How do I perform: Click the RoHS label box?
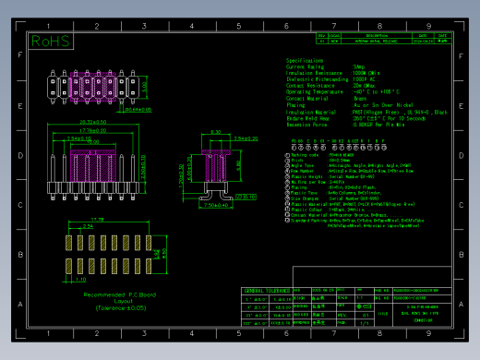[x=50, y=41]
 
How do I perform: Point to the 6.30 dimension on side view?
[x=215, y=133]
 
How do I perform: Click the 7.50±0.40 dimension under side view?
[x=215, y=205]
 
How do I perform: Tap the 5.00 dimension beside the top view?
[x=143, y=89]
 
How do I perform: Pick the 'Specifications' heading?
[x=304, y=60]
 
